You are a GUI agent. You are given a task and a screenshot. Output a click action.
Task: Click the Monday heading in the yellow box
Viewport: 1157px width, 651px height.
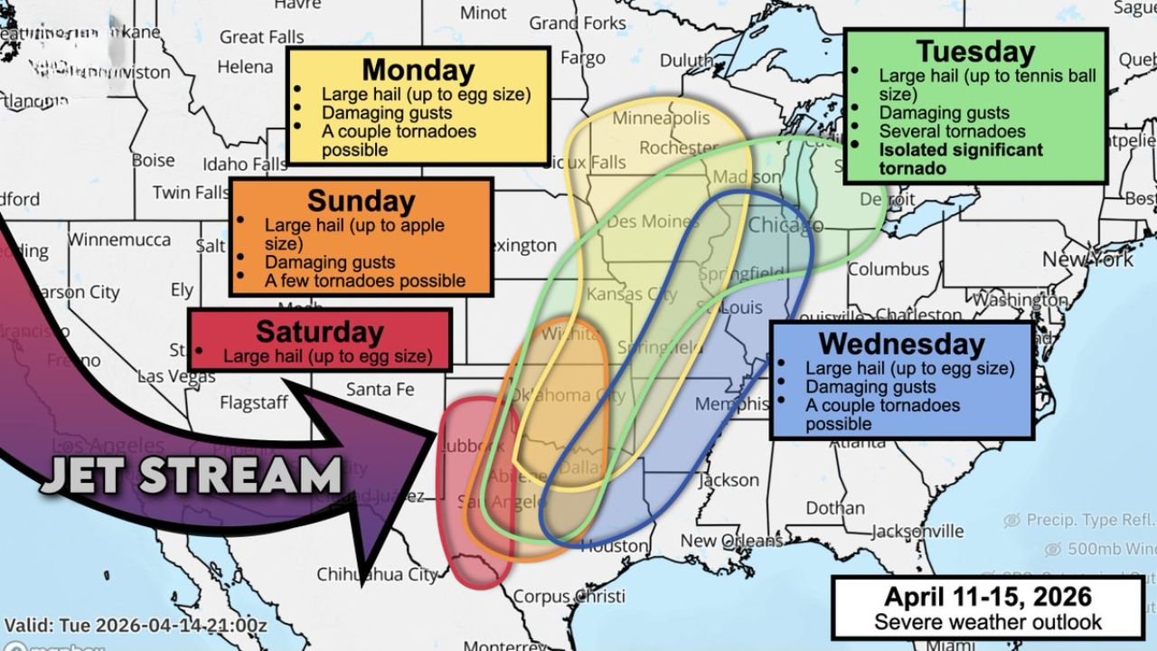tap(418, 70)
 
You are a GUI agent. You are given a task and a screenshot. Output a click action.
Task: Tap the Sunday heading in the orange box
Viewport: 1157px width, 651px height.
tap(361, 200)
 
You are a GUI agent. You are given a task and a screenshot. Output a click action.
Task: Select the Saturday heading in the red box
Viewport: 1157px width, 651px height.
tap(319, 331)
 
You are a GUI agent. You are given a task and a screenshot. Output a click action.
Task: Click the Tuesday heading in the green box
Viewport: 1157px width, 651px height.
tap(974, 52)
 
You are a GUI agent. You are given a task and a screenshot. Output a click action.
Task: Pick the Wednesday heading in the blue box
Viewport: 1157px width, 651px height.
tap(901, 344)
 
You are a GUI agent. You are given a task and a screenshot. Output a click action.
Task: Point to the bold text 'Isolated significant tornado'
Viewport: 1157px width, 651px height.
tap(960, 159)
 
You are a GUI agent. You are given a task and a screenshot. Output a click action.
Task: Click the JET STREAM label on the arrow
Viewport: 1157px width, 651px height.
tap(191, 475)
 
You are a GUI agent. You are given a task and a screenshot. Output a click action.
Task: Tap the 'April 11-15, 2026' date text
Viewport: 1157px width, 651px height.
tap(987, 597)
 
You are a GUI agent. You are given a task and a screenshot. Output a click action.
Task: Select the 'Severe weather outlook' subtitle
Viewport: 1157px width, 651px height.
tap(987, 622)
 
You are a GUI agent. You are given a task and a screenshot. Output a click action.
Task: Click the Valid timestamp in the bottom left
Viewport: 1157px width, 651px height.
tap(136, 626)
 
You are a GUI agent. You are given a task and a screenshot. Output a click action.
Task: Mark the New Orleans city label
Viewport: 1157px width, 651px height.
tap(731, 541)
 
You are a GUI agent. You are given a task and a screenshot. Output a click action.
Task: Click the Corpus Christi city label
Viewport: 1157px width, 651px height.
tap(569, 597)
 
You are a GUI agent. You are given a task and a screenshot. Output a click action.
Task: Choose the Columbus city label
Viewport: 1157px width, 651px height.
tap(888, 269)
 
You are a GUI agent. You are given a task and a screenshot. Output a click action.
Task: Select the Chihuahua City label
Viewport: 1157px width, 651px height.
tap(377, 574)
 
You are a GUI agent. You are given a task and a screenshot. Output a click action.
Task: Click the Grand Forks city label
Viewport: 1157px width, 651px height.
tap(578, 23)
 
